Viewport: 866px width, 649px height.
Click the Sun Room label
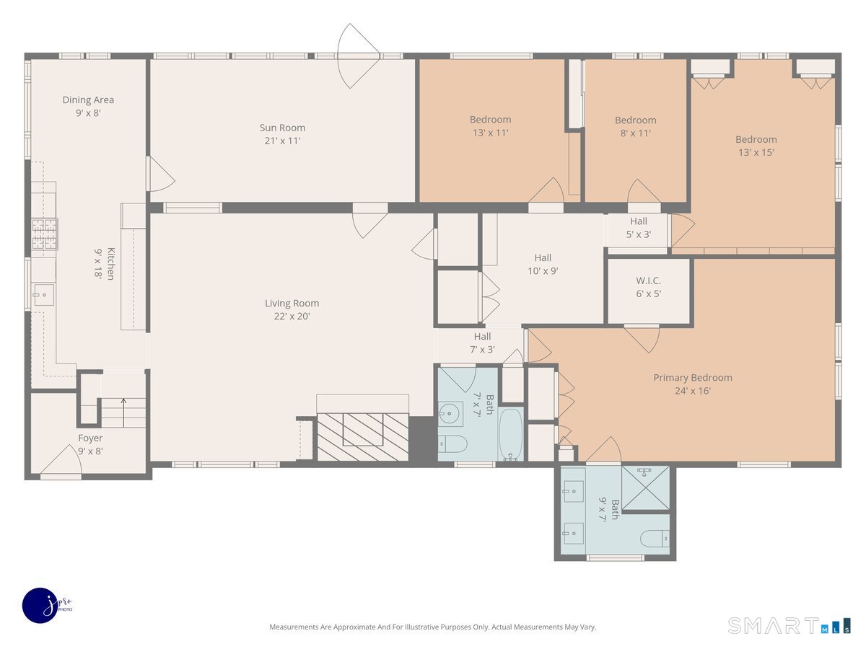point(282,128)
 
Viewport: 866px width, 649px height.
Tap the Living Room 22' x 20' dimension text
point(292,317)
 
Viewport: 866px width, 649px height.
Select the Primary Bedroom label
point(692,377)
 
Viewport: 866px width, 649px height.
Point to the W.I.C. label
point(648,281)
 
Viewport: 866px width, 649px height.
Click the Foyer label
point(90,438)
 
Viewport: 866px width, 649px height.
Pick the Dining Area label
point(88,100)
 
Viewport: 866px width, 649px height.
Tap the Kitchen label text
point(111,264)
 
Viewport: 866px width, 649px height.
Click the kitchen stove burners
point(45,234)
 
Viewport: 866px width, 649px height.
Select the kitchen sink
point(43,295)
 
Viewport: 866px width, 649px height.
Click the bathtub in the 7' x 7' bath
point(511,434)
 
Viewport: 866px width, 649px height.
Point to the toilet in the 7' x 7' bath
point(453,444)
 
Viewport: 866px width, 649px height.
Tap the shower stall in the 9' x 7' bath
point(645,488)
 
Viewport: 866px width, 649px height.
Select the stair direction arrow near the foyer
point(123,412)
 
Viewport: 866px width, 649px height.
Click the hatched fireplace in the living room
point(363,436)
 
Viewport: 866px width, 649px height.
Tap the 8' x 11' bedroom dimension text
point(635,133)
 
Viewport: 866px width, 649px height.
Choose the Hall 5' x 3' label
point(639,228)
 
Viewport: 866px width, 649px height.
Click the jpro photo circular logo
point(40,606)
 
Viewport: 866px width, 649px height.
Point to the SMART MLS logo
point(789,625)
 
